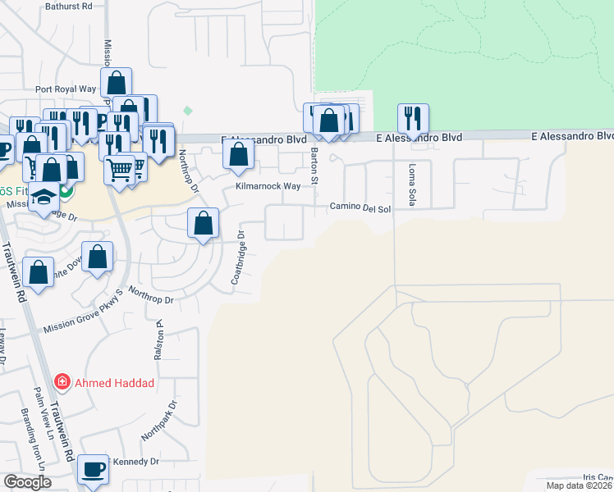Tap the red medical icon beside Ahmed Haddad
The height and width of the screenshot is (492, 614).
61,382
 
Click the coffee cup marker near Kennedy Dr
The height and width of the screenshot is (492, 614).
93,470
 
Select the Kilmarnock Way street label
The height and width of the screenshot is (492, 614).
268,187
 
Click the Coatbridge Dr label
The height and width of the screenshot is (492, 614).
238,257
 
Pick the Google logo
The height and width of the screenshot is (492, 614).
26,482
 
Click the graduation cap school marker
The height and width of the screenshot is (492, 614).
42,197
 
